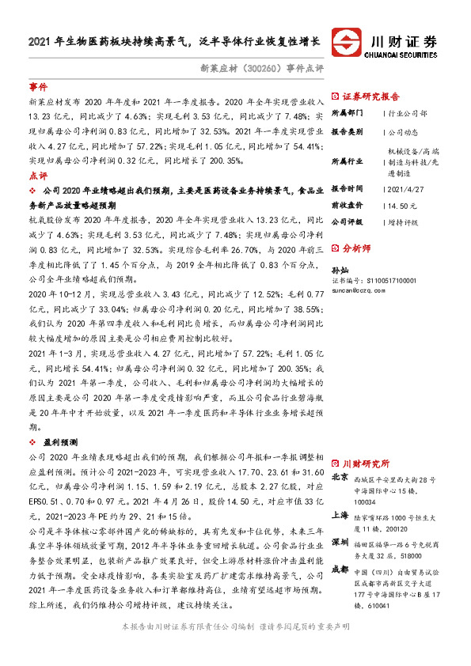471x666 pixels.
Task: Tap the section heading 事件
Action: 37,86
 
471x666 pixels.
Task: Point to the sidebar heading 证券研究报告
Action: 370,96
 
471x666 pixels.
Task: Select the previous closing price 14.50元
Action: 400,205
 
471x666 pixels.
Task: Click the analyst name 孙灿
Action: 339,270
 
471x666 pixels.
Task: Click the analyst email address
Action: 361,289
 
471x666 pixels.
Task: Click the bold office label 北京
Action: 340,477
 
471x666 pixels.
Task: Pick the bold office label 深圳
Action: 340,543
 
